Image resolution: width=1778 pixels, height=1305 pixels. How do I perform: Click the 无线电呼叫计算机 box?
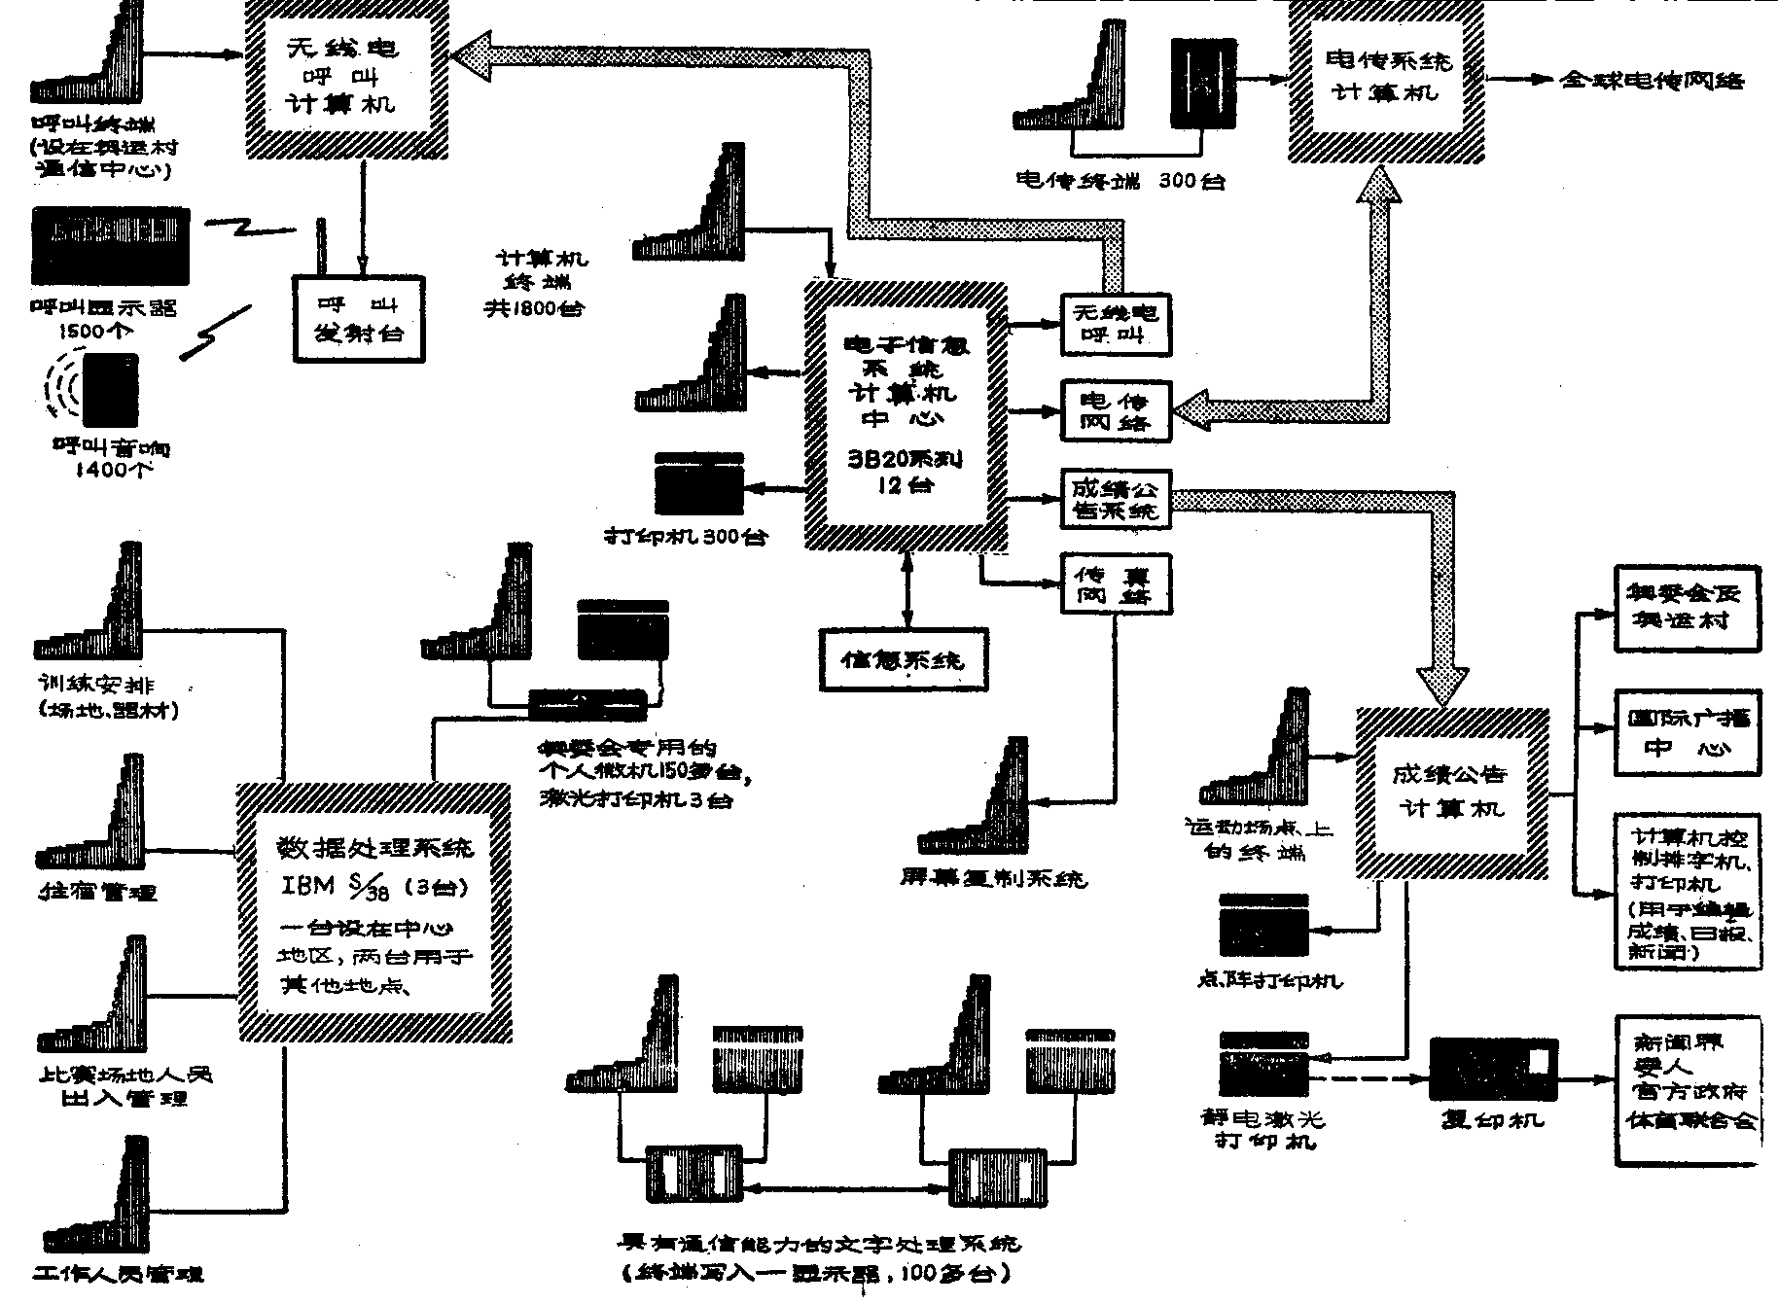(x=346, y=78)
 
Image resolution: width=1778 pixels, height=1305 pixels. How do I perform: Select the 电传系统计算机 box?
(x=1388, y=79)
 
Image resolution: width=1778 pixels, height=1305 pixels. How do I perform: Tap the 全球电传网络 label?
(x=1651, y=81)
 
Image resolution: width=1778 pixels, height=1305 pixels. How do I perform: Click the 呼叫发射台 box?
(x=359, y=319)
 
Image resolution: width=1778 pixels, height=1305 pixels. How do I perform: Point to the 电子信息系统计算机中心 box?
(x=906, y=415)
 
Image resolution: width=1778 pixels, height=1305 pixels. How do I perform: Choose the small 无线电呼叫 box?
(x=1115, y=324)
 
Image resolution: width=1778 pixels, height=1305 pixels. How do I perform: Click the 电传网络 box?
(x=1115, y=411)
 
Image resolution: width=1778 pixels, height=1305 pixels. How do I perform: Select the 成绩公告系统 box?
(x=1115, y=499)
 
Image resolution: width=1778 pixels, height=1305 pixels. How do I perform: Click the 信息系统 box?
(x=904, y=660)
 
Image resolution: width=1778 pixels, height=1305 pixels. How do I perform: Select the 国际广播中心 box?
(x=1687, y=732)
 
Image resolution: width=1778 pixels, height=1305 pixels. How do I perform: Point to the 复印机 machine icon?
(x=1493, y=1069)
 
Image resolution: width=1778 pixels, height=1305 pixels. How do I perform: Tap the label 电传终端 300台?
(x=1119, y=181)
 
